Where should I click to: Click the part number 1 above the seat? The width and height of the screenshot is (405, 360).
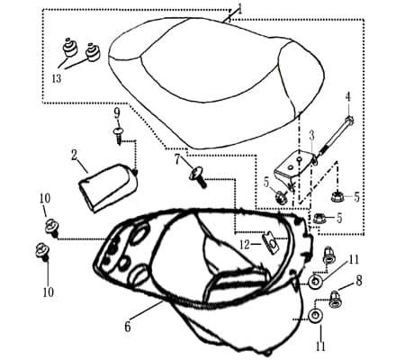(239, 9)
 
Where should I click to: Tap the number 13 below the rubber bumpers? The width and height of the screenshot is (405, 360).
(57, 78)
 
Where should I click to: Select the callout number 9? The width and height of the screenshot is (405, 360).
(117, 113)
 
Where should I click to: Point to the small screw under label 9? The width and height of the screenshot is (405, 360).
(118, 135)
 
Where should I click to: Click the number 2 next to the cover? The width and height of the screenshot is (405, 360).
(75, 157)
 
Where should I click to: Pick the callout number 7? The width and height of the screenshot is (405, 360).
(177, 159)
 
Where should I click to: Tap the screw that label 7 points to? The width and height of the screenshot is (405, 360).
(198, 177)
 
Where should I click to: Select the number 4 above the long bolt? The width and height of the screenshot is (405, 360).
(347, 97)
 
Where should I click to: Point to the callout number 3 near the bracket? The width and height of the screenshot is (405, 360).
(312, 136)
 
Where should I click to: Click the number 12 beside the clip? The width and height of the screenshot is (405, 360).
(245, 245)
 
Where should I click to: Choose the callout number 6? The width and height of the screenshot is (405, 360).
(128, 327)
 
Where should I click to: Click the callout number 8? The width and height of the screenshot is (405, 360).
(359, 281)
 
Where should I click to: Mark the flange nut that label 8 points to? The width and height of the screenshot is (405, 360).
(335, 300)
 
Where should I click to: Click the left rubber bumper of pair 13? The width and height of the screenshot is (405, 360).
(69, 48)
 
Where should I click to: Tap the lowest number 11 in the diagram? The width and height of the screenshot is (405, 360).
(320, 346)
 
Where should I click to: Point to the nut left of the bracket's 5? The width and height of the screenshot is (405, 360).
(281, 196)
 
